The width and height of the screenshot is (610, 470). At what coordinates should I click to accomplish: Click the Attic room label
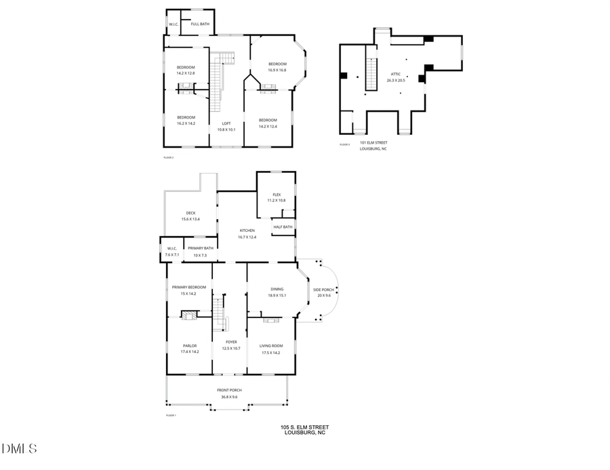coord(395,74)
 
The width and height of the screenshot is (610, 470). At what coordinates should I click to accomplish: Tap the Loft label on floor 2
coord(226,123)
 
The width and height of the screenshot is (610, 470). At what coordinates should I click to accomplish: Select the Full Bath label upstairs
coord(199,24)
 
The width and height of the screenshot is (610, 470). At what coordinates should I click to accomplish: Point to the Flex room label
coord(277,195)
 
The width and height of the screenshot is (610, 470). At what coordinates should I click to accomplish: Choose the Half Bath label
coord(283,227)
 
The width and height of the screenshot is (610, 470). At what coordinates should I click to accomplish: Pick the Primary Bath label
coord(201,249)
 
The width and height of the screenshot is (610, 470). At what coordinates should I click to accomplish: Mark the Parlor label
coord(189,345)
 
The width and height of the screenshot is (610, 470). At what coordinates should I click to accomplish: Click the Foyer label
coord(231,342)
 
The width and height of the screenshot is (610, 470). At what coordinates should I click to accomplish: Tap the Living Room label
coord(270,345)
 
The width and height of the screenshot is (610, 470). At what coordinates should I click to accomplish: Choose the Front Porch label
coord(229,390)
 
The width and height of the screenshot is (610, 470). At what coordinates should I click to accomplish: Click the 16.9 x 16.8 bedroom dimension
coord(277,70)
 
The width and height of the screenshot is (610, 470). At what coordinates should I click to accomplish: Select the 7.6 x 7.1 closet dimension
coord(171,255)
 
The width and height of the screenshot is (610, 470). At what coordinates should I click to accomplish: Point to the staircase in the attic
coord(371,73)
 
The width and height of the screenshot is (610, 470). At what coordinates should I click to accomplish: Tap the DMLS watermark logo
coord(20,448)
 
